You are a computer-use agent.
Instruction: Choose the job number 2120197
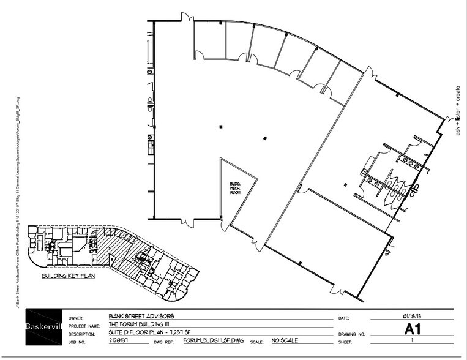120,341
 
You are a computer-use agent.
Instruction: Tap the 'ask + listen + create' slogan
457,110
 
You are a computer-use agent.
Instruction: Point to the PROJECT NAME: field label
86,326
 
